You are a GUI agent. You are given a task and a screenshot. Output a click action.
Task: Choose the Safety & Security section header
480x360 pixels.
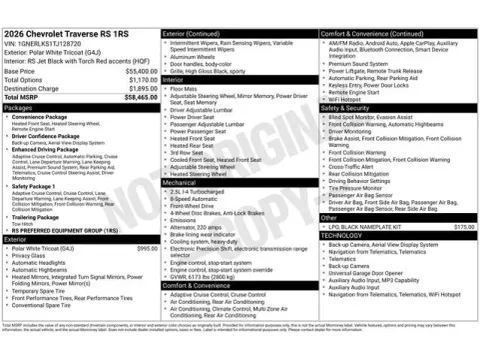tap(346, 107)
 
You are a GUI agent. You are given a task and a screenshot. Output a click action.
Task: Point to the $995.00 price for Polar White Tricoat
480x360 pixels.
tap(146, 248)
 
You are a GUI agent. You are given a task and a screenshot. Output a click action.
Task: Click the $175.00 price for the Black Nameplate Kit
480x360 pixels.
tap(464, 227)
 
